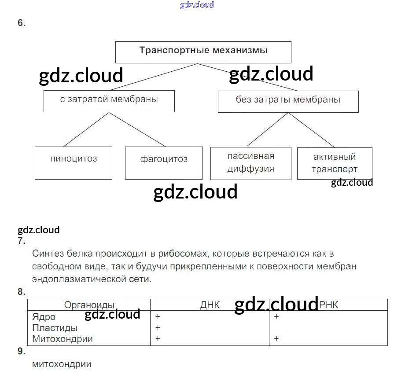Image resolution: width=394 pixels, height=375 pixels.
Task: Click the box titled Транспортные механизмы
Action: pos(203,51)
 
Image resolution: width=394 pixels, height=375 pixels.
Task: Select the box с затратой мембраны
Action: pos(109,101)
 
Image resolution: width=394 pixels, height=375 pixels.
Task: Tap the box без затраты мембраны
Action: pos(288,101)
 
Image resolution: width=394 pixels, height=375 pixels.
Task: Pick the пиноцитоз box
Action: pos(74,163)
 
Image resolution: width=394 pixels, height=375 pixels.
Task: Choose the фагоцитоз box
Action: pos(164,163)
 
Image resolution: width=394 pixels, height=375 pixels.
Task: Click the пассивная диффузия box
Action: pos(250,163)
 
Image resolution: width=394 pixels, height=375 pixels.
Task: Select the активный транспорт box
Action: pos(335,163)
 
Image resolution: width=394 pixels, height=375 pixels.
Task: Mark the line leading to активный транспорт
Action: pos(312,129)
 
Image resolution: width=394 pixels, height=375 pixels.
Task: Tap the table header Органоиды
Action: pos(89,305)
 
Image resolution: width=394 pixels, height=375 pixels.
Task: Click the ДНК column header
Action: pos(210,305)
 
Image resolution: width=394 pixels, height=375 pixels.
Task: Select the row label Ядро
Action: pos(44,317)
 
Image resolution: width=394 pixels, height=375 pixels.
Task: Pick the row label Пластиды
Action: pos(55,328)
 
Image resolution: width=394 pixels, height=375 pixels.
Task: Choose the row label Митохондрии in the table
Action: pos(63,339)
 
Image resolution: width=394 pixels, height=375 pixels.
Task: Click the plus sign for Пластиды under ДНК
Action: pos(158,328)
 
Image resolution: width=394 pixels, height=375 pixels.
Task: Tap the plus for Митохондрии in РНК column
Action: pos(276,338)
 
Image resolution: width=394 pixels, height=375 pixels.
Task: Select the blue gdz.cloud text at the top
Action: pos(197,5)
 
